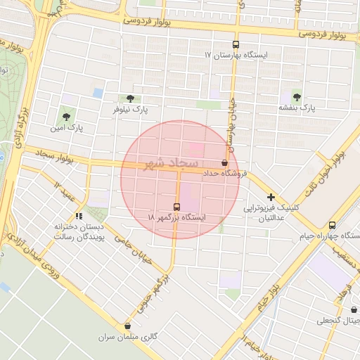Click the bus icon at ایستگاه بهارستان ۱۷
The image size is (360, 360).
click(x=236, y=44)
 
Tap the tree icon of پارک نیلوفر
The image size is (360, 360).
click(x=130, y=99)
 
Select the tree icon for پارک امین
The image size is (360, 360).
click(x=67, y=117)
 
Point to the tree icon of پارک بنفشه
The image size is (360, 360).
click(x=297, y=97)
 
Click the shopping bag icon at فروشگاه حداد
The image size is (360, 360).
click(x=224, y=162)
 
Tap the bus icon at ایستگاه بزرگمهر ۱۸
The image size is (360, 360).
click(x=176, y=207)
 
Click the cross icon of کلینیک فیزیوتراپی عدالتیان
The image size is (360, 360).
click(x=270, y=198)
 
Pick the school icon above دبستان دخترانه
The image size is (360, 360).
click(x=79, y=216)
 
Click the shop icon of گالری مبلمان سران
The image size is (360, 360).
click(x=127, y=326)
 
